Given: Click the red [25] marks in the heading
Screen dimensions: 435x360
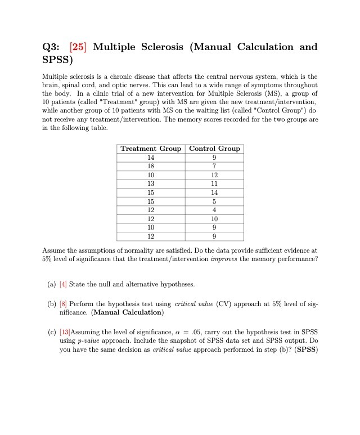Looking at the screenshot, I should pos(78,47).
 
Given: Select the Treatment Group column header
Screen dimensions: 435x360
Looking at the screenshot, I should pos(151,149).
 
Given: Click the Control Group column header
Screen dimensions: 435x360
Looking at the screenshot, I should pos(214,149).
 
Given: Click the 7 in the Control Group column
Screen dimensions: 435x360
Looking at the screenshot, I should pos(214,166).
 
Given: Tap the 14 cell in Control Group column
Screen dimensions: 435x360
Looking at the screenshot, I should pos(214,192).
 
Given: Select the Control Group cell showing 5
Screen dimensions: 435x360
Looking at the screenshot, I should pos(214,201).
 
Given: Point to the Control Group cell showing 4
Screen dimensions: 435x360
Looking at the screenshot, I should pos(214,210).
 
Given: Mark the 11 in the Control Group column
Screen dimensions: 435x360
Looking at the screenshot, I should pos(214,183).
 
